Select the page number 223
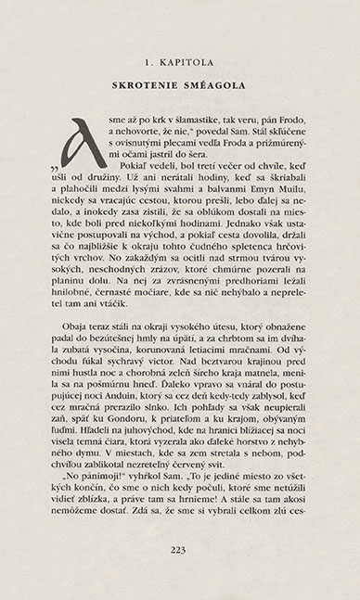(180, 549)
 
